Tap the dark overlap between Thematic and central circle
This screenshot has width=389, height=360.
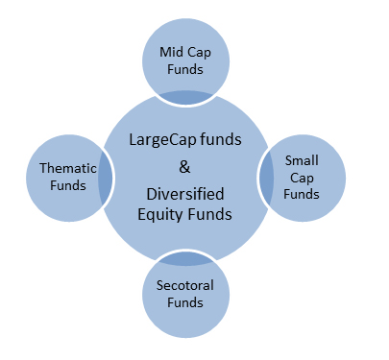[104, 179]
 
